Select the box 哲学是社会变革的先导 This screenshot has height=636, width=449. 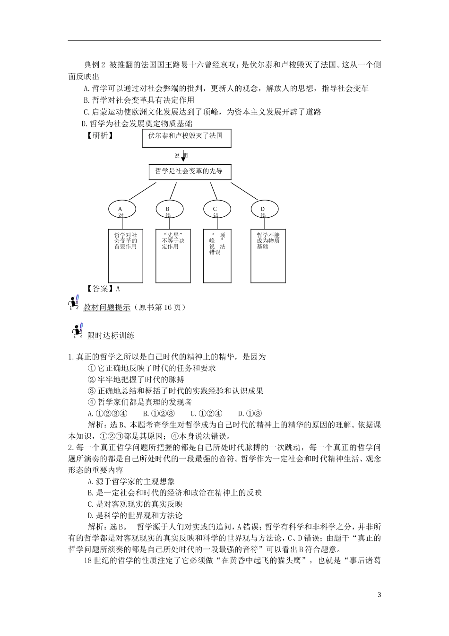(x=190, y=171)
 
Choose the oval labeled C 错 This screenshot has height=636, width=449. (x=216, y=209)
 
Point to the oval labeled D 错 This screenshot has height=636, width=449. (x=263, y=209)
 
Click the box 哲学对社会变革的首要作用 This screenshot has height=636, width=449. (x=126, y=256)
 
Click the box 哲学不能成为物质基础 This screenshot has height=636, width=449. (x=268, y=256)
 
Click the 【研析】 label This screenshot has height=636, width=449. (x=100, y=135)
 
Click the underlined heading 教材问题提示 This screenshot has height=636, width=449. (x=107, y=308)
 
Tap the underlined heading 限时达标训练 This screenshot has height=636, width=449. (x=111, y=336)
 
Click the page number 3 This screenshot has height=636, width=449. (x=379, y=595)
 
